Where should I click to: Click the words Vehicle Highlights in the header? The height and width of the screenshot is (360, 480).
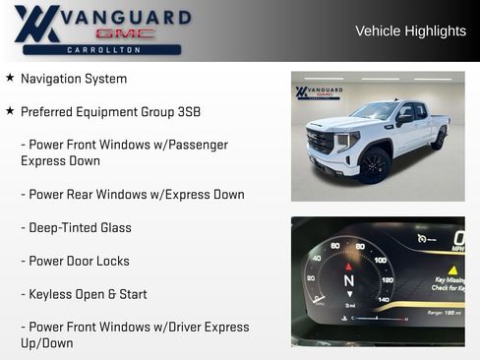pos(410,31)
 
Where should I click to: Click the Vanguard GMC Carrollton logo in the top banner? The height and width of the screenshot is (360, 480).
pos(101,30)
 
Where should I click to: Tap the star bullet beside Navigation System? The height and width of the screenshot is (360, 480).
pos(10,78)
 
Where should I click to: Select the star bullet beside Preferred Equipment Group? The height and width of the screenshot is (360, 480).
pos(10,111)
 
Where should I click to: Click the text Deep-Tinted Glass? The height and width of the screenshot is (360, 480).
pos(80,228)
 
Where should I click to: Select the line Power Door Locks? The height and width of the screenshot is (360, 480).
pos(79,262)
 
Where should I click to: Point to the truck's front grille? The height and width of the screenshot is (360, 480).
pos(321,143)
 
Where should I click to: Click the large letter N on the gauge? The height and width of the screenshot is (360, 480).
pos(348,280)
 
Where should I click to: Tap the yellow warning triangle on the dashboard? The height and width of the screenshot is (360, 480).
pos(453,269)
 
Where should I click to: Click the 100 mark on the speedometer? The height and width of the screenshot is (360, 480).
pos(380,260)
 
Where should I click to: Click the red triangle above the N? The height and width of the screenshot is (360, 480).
pos(347,266)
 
